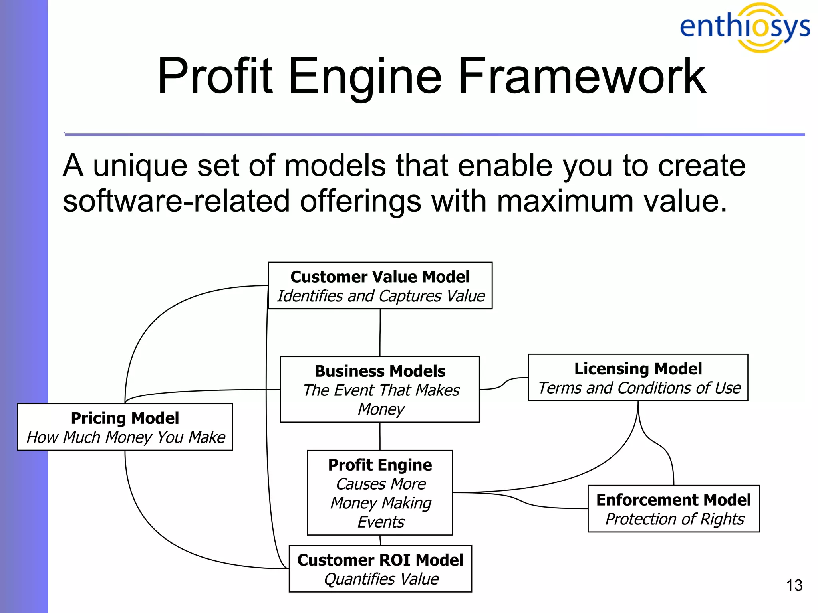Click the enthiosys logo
(745, 27)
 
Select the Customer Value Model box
(380, 285)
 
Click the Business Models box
(380, 389)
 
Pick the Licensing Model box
(638, 377)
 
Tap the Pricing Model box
(125, 427)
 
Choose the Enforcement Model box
(673, 508)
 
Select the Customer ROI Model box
(380, 568)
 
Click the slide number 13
(794, 585)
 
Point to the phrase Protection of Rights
(675, 519)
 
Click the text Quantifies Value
(381, 579)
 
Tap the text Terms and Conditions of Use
(639, 388)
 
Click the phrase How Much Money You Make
(126, 437)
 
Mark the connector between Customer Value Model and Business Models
(380, 332)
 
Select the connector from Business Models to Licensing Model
(503, 384)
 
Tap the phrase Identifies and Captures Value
(381, 296)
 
